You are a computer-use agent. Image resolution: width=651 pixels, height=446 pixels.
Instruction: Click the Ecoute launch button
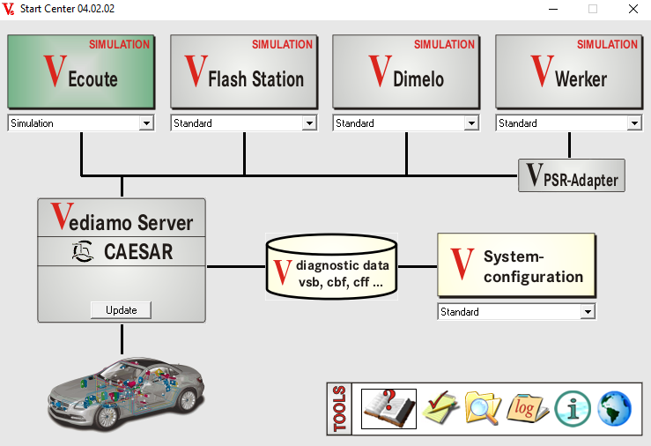point(81,71)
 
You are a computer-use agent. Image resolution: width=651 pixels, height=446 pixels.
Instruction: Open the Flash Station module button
point(243,71)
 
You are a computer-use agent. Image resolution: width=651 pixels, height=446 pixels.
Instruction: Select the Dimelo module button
point(406,71)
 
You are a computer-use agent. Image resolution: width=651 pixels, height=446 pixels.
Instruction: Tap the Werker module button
point(568,71)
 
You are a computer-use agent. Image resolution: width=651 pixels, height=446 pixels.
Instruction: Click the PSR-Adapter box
point(572,175)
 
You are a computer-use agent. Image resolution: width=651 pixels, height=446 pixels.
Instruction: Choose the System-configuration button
point(516,264)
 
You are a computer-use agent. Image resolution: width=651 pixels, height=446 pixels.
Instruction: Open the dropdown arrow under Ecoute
point(146,123)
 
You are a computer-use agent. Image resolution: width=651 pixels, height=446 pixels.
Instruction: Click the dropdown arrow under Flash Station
point(309,123)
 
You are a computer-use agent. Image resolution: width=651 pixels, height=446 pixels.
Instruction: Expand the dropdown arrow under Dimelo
point(471,123)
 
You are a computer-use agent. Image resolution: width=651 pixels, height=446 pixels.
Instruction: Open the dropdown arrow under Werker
point(634,123)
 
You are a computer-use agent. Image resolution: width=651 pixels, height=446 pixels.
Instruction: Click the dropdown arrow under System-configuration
point(588,312)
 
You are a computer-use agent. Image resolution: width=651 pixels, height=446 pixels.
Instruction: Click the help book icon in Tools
point(388,408)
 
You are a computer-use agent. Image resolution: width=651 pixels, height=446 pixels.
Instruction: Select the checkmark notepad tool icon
point(440,408)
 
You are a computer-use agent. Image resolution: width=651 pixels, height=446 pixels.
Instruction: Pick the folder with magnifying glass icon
point(482,408)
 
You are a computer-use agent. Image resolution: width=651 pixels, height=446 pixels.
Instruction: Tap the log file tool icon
point(528,408)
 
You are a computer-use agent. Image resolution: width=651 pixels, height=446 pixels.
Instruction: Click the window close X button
point(633,9)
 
